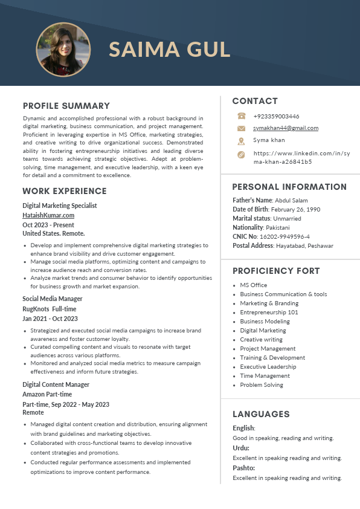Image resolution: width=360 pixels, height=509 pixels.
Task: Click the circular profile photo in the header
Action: pyautogui.click(x=63, y=50)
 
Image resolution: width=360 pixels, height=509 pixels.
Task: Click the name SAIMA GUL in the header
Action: pyautogui.click(x=170, y=50)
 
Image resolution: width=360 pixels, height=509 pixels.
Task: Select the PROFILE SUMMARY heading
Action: pyautogui.click(x=66, y=106)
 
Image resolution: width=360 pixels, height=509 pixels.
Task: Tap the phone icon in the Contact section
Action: pyautogui.click(x=241, y=116)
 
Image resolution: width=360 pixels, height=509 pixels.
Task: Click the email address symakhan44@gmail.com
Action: pyautogui.click(x=286, y=128)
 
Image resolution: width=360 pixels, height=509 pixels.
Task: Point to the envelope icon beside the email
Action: pyautogui.click(x=241, y=128)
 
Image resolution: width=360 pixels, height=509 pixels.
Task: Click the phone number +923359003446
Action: pyautogui.click(x=276, y=116)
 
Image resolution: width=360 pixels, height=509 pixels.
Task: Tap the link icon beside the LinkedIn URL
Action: pyautogui.click(x=241, y=155)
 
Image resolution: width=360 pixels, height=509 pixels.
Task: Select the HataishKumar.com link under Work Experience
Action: pyautogui.click(x=48, y=215)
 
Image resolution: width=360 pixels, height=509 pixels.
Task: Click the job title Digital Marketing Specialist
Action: pyautogui.click(x=60, y=206)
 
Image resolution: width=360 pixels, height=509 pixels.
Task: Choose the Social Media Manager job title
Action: pyautogui.click(x=53, y=299)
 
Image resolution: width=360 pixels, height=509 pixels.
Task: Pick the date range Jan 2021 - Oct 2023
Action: pyautogui.click(x=50, y=319)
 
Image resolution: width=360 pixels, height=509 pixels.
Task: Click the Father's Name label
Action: pyautogui.click(x=252, y=200)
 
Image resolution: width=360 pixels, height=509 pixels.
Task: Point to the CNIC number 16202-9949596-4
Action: pyautogui.click(x=284, y=236)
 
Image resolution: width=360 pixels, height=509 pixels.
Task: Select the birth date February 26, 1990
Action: pyautogui.click(x=296, y=209)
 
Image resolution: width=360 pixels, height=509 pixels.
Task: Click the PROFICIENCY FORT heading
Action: pyautogui.click(x=276, y=271)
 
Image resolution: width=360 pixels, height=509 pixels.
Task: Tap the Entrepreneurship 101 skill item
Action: pyautogui.click(x=269, y=312)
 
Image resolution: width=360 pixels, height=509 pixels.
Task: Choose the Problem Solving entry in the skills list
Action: pyautogui.click(x=262, y=384)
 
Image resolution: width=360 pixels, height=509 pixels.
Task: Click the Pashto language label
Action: pyautogui.click(x=243, y=468)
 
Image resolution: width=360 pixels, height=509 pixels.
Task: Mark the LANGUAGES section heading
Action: pyautogui.click(x=261, y=414)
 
